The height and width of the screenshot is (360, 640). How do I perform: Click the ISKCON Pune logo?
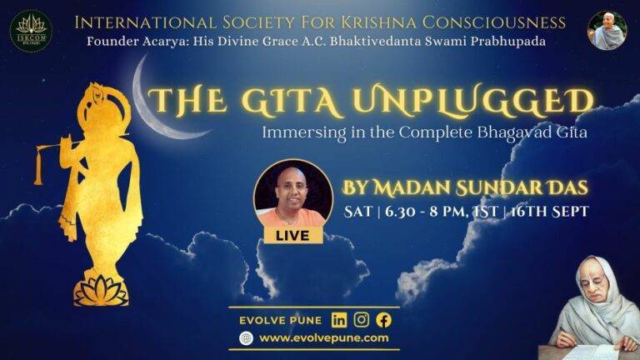tap(31, 31)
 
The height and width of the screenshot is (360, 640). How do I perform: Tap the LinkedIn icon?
tap(339, 320)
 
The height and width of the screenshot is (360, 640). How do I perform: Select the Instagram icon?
tap(361, 320)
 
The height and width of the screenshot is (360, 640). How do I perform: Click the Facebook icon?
tap(383, 320)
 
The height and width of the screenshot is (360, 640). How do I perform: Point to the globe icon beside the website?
tap(246, 338)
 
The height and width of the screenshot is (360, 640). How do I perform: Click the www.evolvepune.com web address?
tap(324, 338)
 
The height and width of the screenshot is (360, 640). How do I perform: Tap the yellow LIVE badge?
tap(293, 236)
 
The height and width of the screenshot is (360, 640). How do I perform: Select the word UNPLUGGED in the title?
tap(473, 100)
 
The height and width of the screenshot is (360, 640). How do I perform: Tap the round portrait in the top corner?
tap(607, 31)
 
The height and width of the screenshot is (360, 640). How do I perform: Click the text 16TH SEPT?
tap(549, 212)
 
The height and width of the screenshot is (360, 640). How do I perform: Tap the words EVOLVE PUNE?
tap(280, 320)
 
